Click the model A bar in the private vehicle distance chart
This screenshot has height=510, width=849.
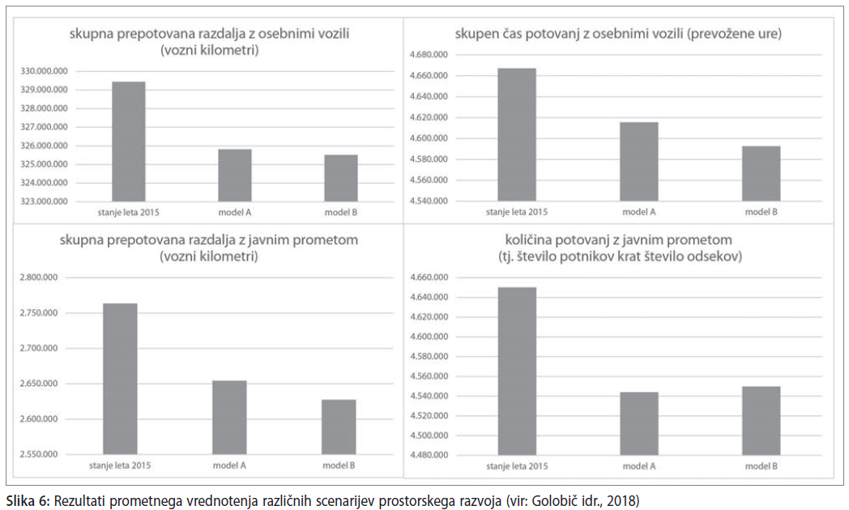click(234, 175)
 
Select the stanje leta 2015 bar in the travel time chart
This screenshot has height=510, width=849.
click(517, 134)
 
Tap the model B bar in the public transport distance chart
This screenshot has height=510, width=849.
click(339, 427)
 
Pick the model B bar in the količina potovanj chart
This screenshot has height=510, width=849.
click(762, 421)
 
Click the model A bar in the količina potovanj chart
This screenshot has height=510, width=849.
click(639, 423)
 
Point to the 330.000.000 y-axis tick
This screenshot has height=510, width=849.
click(45, 71)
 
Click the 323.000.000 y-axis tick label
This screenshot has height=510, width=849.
click(45, 202)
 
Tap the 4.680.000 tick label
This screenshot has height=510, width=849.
click(429, 54)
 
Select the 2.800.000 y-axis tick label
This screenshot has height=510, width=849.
click(38, 278)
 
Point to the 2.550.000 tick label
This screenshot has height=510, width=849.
click(38, 454)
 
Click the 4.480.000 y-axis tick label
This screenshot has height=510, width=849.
click(429, 455)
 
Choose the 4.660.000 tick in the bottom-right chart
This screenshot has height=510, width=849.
click(429, 278)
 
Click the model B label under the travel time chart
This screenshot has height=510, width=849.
click(762, 212)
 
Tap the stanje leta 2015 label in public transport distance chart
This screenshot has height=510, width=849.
click(120, 465)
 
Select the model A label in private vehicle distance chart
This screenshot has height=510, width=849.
click(234, 213)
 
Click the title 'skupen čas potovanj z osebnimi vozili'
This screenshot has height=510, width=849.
click(569, 33)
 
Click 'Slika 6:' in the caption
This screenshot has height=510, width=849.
click(28, 500)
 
